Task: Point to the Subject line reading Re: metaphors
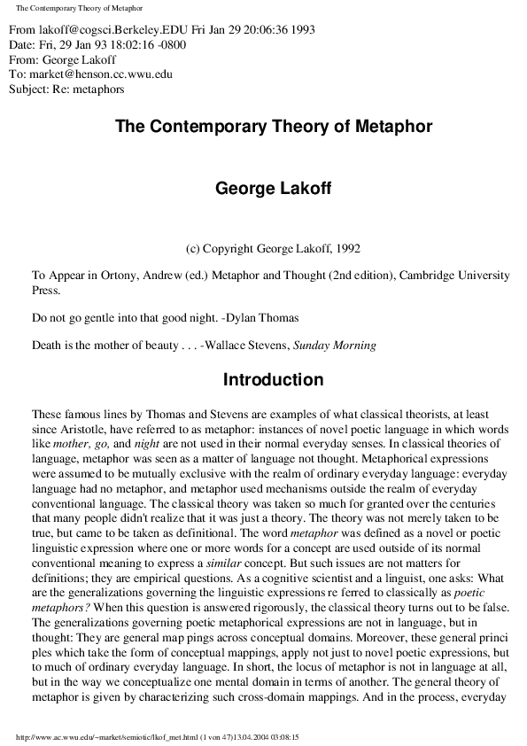pyautogui.click(x=66, y=89)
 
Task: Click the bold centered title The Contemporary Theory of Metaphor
pyautogui.click(x=274, y=127)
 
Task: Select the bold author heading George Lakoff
pyautogui.click(x=274, y=189)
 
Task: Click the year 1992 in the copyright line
pyautogui.click(x=345, y=249)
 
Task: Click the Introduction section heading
pyautogui.click(x=273, y=381)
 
